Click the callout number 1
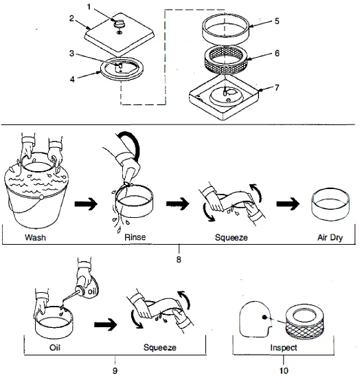[89, 7]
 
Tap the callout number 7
[277, 88]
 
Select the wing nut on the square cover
[119, 23]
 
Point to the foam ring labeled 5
[225, 31]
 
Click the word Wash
[35, 237]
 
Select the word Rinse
[135, 237]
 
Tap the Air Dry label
[330, 237]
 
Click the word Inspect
[284, 347]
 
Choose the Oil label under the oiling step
[55, 347]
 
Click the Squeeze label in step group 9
[160, 347]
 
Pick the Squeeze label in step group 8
[232, 237]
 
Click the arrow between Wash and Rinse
[86, 204]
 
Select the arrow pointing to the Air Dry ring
[288, 204]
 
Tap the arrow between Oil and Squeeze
[106, 325]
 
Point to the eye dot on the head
[265, 317]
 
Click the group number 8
[179, 259]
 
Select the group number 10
[284, 371]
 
